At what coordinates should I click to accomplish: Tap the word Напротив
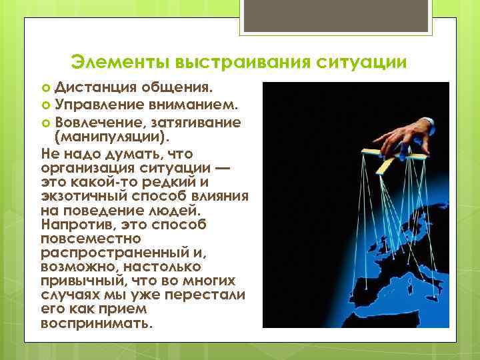click(73, 225)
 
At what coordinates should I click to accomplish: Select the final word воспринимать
click(96, 326)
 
